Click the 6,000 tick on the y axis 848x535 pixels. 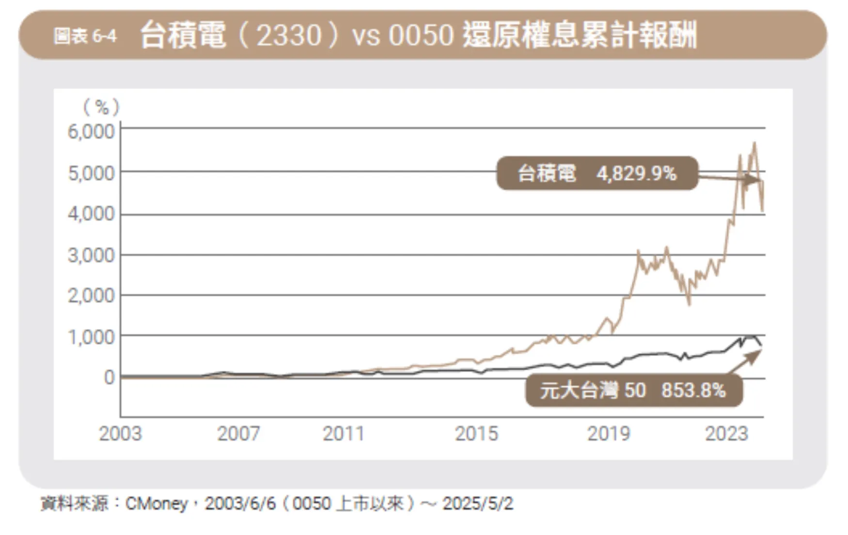pyautogui.click(x=91, y=131)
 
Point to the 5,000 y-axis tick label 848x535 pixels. pyautogui.click(x=91, y=173)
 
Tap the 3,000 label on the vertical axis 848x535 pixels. pyautogui.click(x=91, y=255)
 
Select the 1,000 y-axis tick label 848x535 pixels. pyautogui.click(x=91, y=337)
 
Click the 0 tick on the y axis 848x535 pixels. pyautogui.click(x=110, y=378)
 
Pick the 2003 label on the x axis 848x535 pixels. pyautogui.click(x=120, y=434)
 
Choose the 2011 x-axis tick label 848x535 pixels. pyautogui.click(x=344, y=434)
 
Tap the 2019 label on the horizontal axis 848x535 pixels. pyautogui.click(x=609, y=434)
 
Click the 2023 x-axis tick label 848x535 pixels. pyautogui.click(x=726, y=434)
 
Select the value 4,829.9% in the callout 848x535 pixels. pyautogui.click(x=636, y=173)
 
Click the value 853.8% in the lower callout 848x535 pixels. pyautogui.click(x=693, y=390)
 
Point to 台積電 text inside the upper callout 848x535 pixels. pyautogui.click(x=547, y=173)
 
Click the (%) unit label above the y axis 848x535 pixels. pyautogui.click(x=101, y=107)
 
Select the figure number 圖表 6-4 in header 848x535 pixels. pyautogui.click(x=85, y=36)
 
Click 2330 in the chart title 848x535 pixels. pyautogui.click(x=289, y=35)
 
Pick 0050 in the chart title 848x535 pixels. pyautogui.click(x=421, y=35)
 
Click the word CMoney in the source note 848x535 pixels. pyautogui.click(x=156, y=504)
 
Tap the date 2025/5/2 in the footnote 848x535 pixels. pyautogui.click(x=477, y=504)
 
